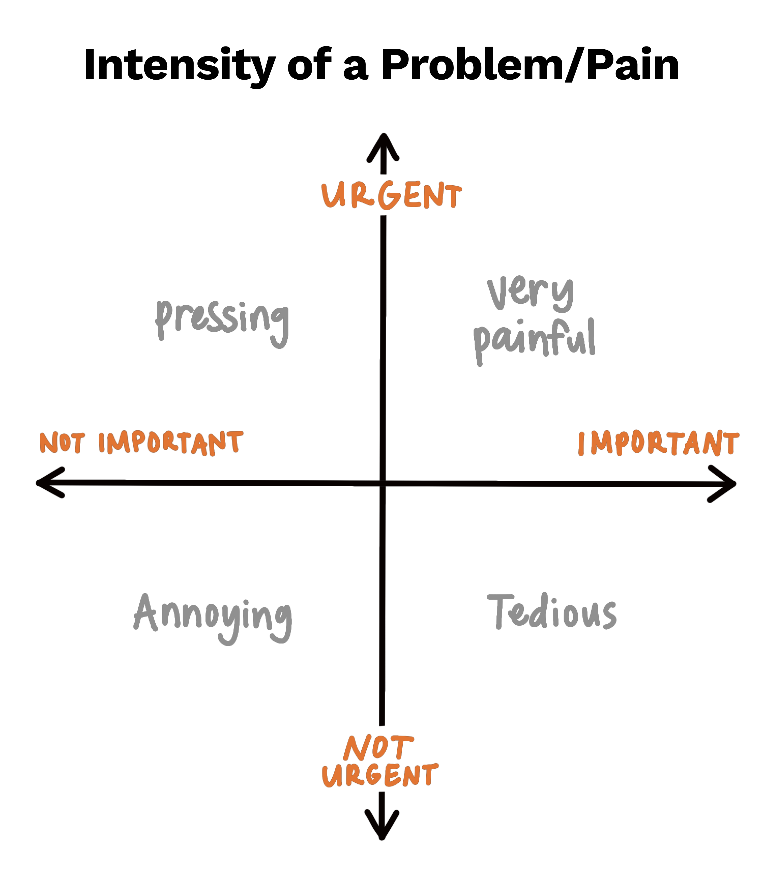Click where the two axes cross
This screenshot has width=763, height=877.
coord(383,483)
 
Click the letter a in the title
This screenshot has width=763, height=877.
coord(356,68)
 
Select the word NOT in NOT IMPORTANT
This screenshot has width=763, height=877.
coord(62,443)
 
